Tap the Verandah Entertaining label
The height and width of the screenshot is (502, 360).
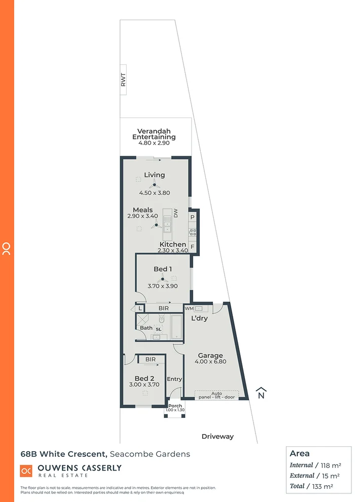pyautogui.click(x=154, y=134)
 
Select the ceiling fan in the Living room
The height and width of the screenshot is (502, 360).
pyautogui.click(x=154, y=185)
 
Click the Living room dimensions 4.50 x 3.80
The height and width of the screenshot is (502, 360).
pyautogui.click(x=154, y=193)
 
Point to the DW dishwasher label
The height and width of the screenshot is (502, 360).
pyautogui.click(x=176, y=213)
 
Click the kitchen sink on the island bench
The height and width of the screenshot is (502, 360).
pyautogui.click(x=167, y=224)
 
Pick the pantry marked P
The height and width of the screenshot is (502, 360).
pyautogui.click(x=193, y=217)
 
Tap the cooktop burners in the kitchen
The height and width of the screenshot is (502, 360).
pyautogui.click(x=193, y=232)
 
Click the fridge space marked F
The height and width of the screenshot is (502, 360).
pyautogui.click(x=193, y=247)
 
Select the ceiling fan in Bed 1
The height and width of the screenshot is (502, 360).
pyautogui.click(x=162, y=278)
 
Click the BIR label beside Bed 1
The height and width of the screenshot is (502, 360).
pyautogui.click(x=163, y=308)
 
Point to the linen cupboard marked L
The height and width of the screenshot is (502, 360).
pyautogui.click(x=140, y=308)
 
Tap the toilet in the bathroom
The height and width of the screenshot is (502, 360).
pyautogui.click(x=161, y=320)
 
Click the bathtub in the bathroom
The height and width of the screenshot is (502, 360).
pyautogui.click(x=176, y=327)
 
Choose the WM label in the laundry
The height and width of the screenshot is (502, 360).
pyautogui.click(x=189, y=308)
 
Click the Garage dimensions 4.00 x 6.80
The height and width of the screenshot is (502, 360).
pyautogui.click(x=210, y=362)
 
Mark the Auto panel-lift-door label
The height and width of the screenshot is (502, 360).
pyautogui.click(x=217, y=395)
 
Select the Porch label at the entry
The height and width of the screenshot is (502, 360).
pyautogui.click(x=175, y=406)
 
